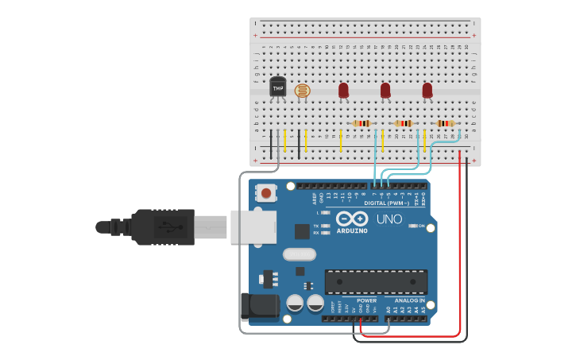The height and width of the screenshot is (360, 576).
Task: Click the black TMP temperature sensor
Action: [277, 87]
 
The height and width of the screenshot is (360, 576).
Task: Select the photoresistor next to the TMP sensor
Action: [302, 91]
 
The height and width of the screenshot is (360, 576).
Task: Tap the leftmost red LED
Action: [343, 91]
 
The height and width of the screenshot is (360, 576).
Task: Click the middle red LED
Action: [385, 91]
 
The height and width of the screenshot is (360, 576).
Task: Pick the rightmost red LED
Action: [427, 91]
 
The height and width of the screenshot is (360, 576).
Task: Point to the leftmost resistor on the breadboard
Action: [362, 123]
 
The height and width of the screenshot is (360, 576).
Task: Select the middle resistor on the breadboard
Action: [404, 123]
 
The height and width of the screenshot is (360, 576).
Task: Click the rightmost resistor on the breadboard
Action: [445, 123]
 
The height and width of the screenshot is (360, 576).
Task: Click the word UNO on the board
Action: [389, 219]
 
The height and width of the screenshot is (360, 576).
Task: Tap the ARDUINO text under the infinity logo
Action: [351, 230]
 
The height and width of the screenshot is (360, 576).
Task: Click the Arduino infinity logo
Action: [351, 219]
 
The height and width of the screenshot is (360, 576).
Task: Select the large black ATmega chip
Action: [376, 281]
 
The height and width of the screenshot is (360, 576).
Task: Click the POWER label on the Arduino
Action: [366, 300]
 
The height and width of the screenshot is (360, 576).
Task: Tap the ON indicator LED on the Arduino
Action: [413, 226]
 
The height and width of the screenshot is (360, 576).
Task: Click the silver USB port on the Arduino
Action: [253, 226]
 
